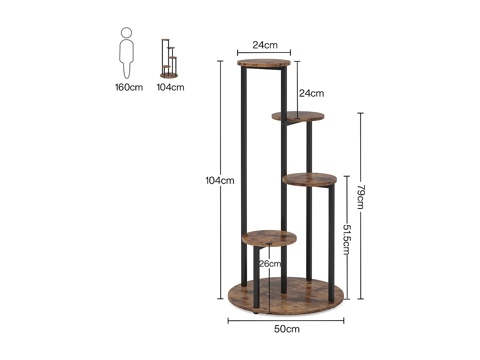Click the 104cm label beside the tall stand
[220, 181]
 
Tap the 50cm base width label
[287, 329]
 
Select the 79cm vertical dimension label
[361, 196]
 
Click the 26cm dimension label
[270, 264]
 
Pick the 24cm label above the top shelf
[265, 45]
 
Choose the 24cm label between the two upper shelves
[311, 93]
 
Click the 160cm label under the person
[129, 87]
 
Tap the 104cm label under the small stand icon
[170, 87]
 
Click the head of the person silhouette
[126, 33]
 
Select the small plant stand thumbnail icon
[169, 59]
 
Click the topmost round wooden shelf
[264, 62]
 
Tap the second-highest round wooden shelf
[298, 116]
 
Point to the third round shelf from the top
[309, 179]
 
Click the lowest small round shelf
[269, 237]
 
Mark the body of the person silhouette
[126, 58]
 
